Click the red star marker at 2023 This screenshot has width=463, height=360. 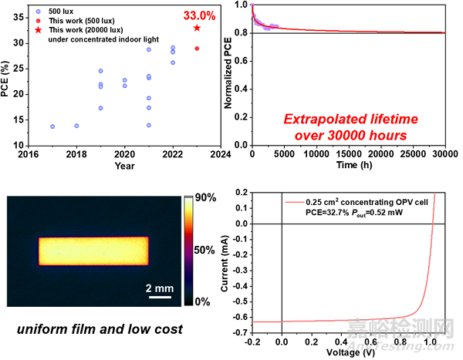tap(197, 28)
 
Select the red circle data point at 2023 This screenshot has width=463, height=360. tap(197, 49)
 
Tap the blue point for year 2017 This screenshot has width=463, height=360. tap(52, 126)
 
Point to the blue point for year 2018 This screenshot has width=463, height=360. tap(76, 126)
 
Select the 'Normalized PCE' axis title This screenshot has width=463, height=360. tap(228, 74)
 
